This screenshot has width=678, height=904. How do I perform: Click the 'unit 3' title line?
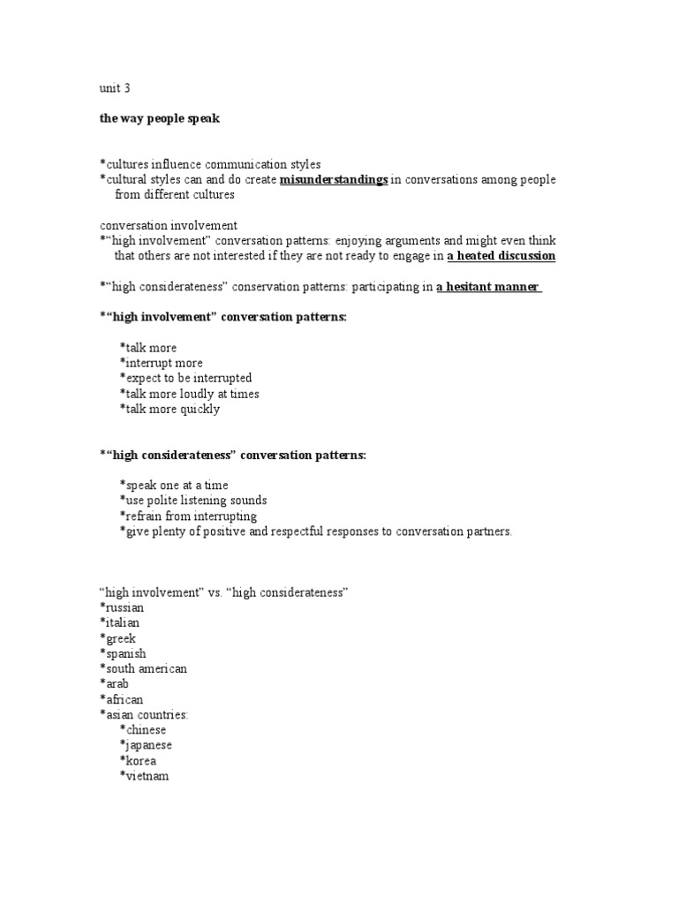[115, 88]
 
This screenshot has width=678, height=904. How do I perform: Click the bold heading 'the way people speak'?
[159, 118]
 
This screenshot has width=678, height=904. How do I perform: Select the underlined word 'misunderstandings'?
[334, 180]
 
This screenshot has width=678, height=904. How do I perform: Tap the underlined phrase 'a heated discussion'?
[501, 256]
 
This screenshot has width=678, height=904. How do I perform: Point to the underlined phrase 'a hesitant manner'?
[488, 287]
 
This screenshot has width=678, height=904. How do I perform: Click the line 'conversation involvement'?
[168, 226]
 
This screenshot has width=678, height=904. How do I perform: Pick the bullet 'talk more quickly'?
[170, 409]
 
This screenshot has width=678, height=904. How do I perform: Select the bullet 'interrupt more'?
[162, 363]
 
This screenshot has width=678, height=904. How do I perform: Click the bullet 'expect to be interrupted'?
[185, 378]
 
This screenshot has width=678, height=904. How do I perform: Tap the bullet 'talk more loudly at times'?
[190, 394]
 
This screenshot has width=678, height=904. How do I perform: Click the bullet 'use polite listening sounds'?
[193, 501]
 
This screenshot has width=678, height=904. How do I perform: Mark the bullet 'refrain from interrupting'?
[189, 516]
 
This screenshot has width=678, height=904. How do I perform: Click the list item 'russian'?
[123, 607]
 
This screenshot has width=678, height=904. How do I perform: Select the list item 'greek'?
[119, 637]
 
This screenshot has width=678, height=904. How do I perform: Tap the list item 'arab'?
[116, 683]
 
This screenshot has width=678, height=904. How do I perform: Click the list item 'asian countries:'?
[144, 714]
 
